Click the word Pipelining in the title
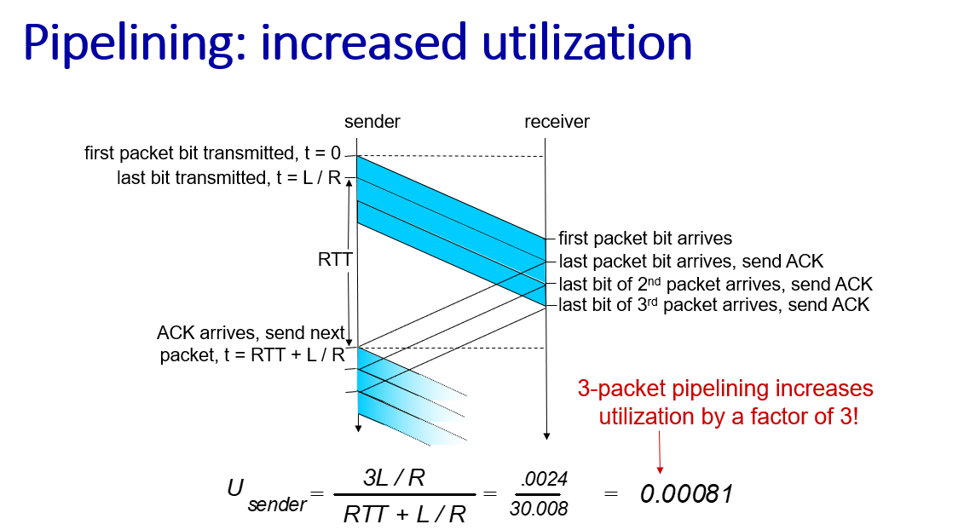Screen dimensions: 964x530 coord(135,43)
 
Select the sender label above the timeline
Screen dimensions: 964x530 coord(372,122)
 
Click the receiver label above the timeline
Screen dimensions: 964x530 coord(557,122)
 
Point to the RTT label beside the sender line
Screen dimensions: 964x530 coord(334,260)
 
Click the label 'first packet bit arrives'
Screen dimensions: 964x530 coord(645,238)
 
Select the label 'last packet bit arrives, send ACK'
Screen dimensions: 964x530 coord(690,262)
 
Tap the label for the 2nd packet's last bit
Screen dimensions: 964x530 coord(715,284)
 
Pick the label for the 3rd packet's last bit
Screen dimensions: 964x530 coord(713,305)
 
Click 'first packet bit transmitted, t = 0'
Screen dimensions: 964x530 coord(213,153)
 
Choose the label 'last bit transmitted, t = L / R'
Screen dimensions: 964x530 coord(228,178)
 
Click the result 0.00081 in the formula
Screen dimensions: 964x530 coord(686,493)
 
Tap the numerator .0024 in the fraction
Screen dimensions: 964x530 coord(544,479)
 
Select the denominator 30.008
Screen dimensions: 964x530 coord(539,509)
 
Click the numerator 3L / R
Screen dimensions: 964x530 coord(394,477)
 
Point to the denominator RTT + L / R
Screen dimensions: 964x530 coord(405,514)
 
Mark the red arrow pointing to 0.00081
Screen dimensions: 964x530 coord(660,452)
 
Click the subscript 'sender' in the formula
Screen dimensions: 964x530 coord(277,504)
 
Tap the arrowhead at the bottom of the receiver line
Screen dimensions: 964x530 coord(546,436)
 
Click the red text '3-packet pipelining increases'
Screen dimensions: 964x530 coord(725,389)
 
